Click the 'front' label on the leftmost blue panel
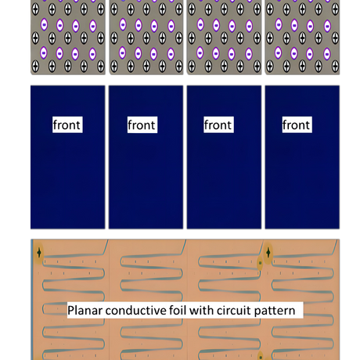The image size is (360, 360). pos(67,124)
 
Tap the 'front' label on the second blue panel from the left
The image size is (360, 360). pos(142,124)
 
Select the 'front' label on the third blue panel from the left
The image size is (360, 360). pos(218,124)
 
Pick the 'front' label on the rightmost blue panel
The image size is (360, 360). pos(297,124)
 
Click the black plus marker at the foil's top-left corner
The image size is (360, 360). pos(39,253)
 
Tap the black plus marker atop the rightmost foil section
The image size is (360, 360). pos(268,253)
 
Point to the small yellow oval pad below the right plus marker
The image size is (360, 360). pos(260,263)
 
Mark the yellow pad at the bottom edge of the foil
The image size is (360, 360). pos(261,356)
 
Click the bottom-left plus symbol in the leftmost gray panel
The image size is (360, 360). pos(35,66)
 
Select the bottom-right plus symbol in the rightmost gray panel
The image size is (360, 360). pos(335,66)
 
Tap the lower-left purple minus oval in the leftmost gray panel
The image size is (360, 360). pos(44,53)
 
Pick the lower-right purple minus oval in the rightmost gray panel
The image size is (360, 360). pos(327,54)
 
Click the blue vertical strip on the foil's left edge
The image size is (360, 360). pos(32,300)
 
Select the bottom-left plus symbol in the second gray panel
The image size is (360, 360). pos(114,66)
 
